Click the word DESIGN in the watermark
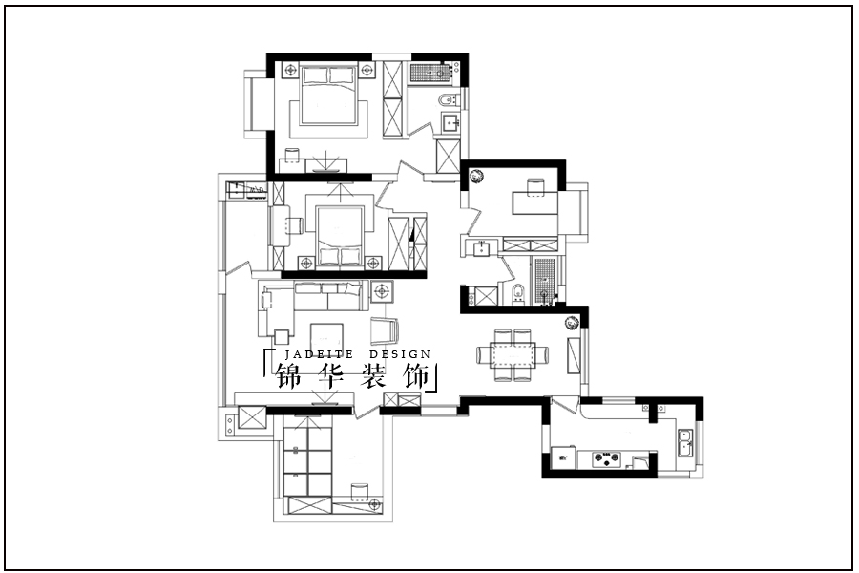(x=400, y=354)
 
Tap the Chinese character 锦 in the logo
(x=288, y=376)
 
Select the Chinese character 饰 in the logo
(x=416, y=376)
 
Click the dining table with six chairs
(x=513, y=354)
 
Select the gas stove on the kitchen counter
(x=606, y=457)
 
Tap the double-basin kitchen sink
(x=684, y=443)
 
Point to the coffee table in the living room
(x=326, y=338)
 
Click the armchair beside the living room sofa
(x=386, y=330)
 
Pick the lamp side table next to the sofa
(x=382, y=291)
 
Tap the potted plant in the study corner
(x=476, y=176)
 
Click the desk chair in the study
(x=535, y=186)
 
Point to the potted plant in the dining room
(x=572, y=323)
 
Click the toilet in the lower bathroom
(x=517, y=295)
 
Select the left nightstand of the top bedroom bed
(x=290, y=70)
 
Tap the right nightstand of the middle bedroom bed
(x=373, y=263)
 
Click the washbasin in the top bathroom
(x=451, y=123)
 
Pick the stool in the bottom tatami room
(x=360, y=493)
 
